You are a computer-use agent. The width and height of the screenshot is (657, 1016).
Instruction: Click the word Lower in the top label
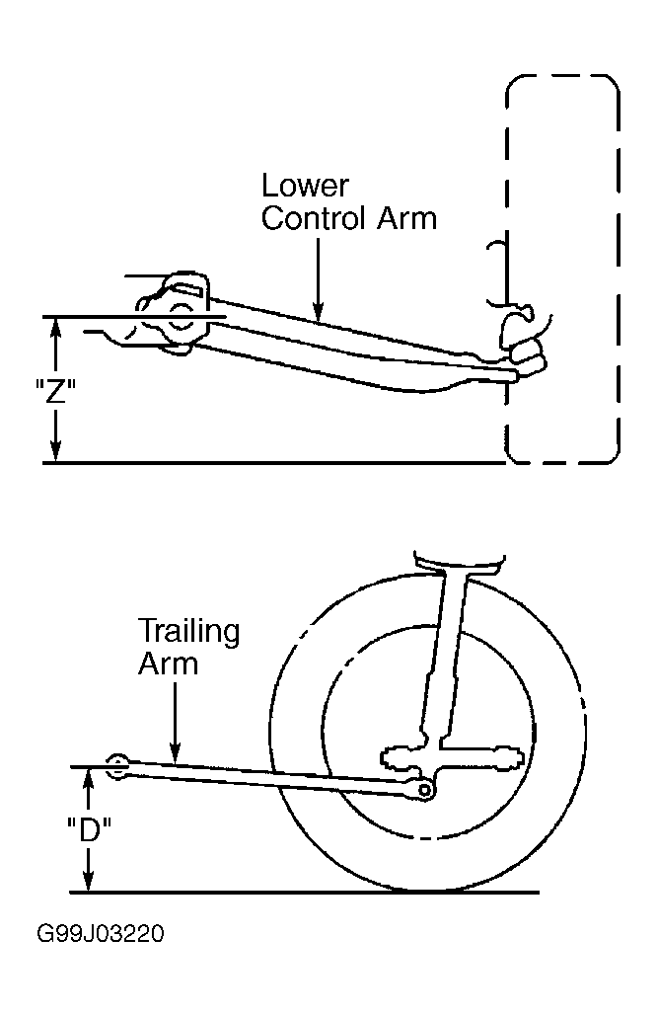coord(305,186)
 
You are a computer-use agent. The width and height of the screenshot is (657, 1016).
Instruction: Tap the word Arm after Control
coord(407,218)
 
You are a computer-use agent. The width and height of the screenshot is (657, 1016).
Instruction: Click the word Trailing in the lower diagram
coord(189,632)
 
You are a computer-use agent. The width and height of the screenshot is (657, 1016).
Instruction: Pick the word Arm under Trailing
coord(169,664)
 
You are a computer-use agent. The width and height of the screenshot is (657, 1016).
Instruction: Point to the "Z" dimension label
coord(55,391)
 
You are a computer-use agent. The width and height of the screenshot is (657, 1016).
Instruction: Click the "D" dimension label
coord(90,830)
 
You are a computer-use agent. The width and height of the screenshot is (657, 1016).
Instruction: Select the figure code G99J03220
coord(101,934)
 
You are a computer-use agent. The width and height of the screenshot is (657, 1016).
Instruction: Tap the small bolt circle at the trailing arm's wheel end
coord(424,789)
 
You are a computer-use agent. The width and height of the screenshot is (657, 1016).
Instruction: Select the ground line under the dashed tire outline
coord(274,463)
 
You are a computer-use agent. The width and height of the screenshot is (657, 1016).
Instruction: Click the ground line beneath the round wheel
coord(304,893)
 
